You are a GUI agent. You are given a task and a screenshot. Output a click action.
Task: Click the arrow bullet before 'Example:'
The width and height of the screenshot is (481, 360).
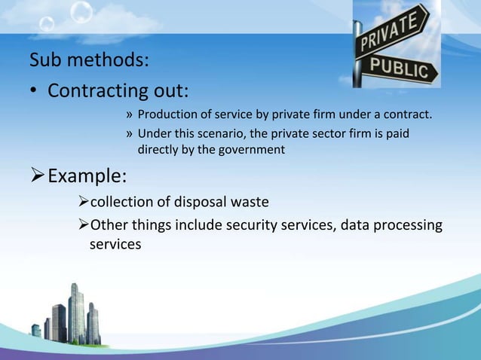coord(37,178)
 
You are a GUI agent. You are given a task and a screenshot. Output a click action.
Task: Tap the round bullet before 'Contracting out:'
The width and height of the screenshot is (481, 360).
coord(34,93)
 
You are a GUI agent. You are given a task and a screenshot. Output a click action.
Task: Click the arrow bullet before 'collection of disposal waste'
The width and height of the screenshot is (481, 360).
coord(83,202)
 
